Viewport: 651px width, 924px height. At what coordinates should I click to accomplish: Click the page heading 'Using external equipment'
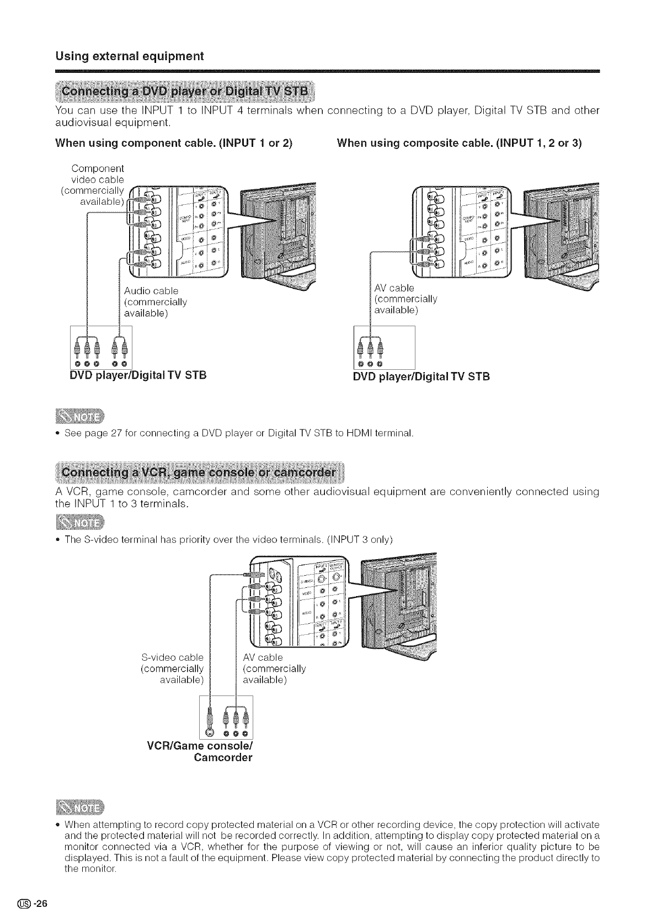click(x=129, y=56)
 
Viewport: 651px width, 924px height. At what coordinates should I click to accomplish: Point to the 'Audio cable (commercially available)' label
click(x=155, y=302)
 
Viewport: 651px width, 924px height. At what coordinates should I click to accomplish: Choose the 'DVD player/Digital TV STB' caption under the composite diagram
click(x=421, y=377)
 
